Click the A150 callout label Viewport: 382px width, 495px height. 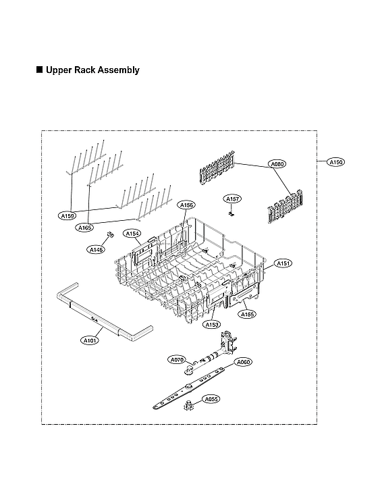coord(335,162)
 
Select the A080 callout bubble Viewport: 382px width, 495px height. coord(277,164)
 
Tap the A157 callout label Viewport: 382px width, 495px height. coord(233,199)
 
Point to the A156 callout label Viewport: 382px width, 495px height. coord(186,205)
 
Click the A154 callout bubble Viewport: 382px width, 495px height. coord(132,234)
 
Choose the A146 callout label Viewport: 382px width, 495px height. coord(97,250)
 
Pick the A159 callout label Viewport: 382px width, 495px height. coord(67,216)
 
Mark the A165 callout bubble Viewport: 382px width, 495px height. coord(84,228)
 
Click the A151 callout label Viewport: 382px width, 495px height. coord(283,263)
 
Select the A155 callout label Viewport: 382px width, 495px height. coord(248,314)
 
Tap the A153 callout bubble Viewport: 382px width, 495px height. coord(212,325)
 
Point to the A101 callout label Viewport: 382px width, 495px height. coord(90,340)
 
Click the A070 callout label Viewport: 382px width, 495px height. coord(177,359)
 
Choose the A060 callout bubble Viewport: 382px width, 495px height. coord(243,363)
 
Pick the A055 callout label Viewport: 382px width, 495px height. coord(211,399)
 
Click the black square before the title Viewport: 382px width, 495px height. coord(39,70)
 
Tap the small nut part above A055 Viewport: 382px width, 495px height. coord(189,405)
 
